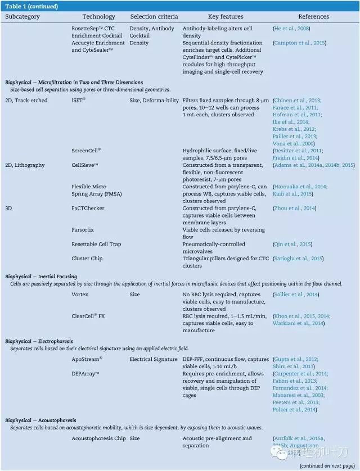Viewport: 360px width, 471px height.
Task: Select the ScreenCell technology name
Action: coord(86,151)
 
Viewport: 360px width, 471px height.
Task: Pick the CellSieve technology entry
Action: coord(85,165)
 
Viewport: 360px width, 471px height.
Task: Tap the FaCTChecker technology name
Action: coord(88,208)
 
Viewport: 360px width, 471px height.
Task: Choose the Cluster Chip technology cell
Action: coord(87,259)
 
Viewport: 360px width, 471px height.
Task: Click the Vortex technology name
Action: coord(80,295)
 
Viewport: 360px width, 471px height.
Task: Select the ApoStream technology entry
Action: coord(87,359)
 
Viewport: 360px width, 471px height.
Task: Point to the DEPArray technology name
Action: coord(85,374)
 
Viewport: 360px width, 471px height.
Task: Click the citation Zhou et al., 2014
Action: coord(294,208)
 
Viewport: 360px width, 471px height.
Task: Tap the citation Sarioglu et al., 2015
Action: coord(298,259)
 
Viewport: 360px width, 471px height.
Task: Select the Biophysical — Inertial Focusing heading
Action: coord(41,277)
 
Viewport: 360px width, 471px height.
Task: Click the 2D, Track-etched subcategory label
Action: coord(26,100)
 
